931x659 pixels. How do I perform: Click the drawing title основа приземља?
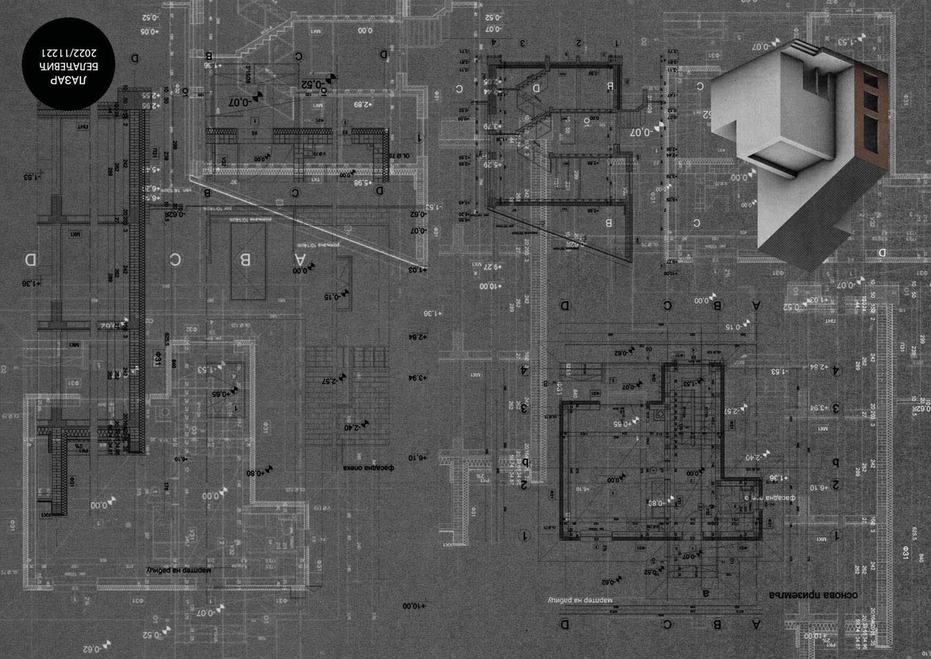tap(813, 595)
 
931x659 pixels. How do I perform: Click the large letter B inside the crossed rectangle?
tap(246, 260)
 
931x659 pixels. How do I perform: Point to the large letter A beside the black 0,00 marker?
tap(301, 259)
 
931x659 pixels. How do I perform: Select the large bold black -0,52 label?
tap(314, 84)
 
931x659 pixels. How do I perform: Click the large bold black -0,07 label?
tap(241, 102)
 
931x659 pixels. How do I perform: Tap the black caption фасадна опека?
tap(368, 468)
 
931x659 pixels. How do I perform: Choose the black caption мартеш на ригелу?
tap(178, 570)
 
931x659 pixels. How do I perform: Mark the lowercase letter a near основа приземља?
tap(706, 593)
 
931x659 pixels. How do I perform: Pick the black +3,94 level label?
tap(417, 378)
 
